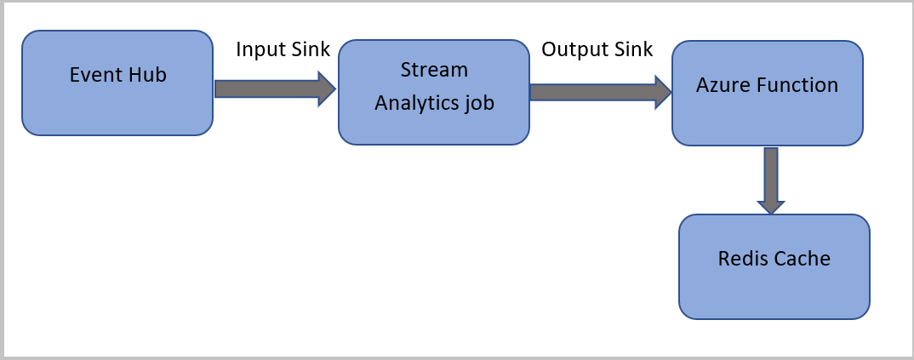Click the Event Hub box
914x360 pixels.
117,83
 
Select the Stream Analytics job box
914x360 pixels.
434,92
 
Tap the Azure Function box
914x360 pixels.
767,93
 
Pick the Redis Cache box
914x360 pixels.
774,266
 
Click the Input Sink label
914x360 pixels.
283,49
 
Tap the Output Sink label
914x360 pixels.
597,49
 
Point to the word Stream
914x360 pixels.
435,68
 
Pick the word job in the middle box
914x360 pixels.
479,103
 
